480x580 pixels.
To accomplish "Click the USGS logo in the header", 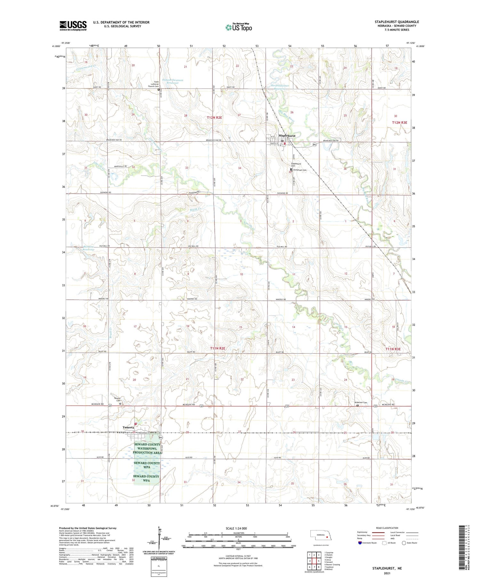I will [x=73, y=26].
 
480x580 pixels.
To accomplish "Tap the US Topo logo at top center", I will [x=239, y=28].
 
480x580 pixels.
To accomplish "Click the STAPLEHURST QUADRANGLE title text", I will [x=397, y=22].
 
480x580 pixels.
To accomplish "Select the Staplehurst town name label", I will [x=287, y=136].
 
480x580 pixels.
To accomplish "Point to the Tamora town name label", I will [x=128, y=427].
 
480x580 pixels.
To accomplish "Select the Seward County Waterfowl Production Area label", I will [x=147, y=448].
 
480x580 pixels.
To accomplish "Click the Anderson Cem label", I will [x=360, y=402].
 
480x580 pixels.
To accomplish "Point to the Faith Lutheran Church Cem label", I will [x=153, y=84].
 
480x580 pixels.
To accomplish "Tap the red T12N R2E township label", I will [x=214, y=118].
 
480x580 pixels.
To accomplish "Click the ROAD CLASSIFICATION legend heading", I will [x=387, y=528].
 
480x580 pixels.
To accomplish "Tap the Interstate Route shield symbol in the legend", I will [x=360, y=543].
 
